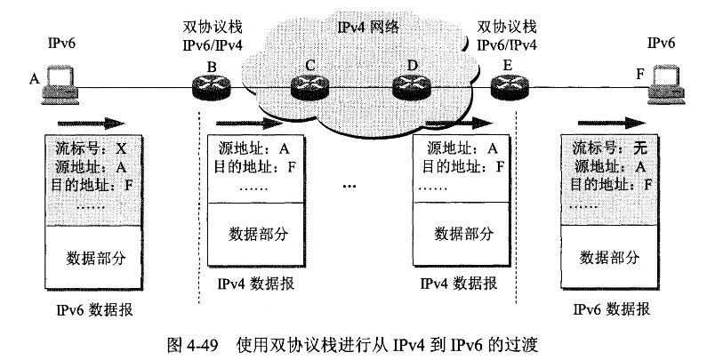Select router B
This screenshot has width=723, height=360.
(210, 86)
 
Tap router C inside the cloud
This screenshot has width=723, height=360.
(309, 86)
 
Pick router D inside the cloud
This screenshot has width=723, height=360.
(411, 86)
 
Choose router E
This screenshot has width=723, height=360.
(508, 86)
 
